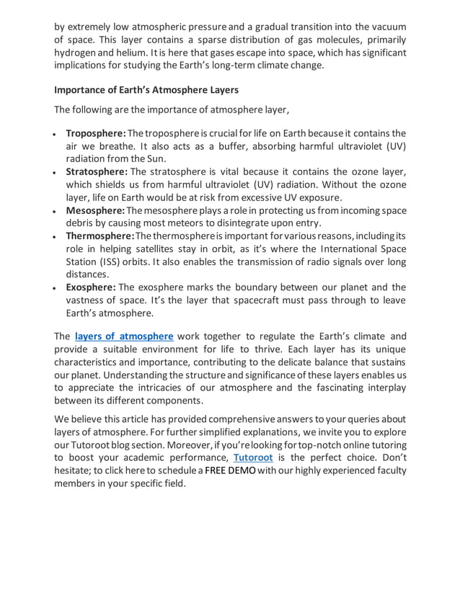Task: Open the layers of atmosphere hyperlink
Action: point(124,336)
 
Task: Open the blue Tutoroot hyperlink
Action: point(253,457)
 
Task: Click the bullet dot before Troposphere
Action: point(56,135)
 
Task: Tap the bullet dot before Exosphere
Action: point(56,288)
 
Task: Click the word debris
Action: point(82,223)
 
